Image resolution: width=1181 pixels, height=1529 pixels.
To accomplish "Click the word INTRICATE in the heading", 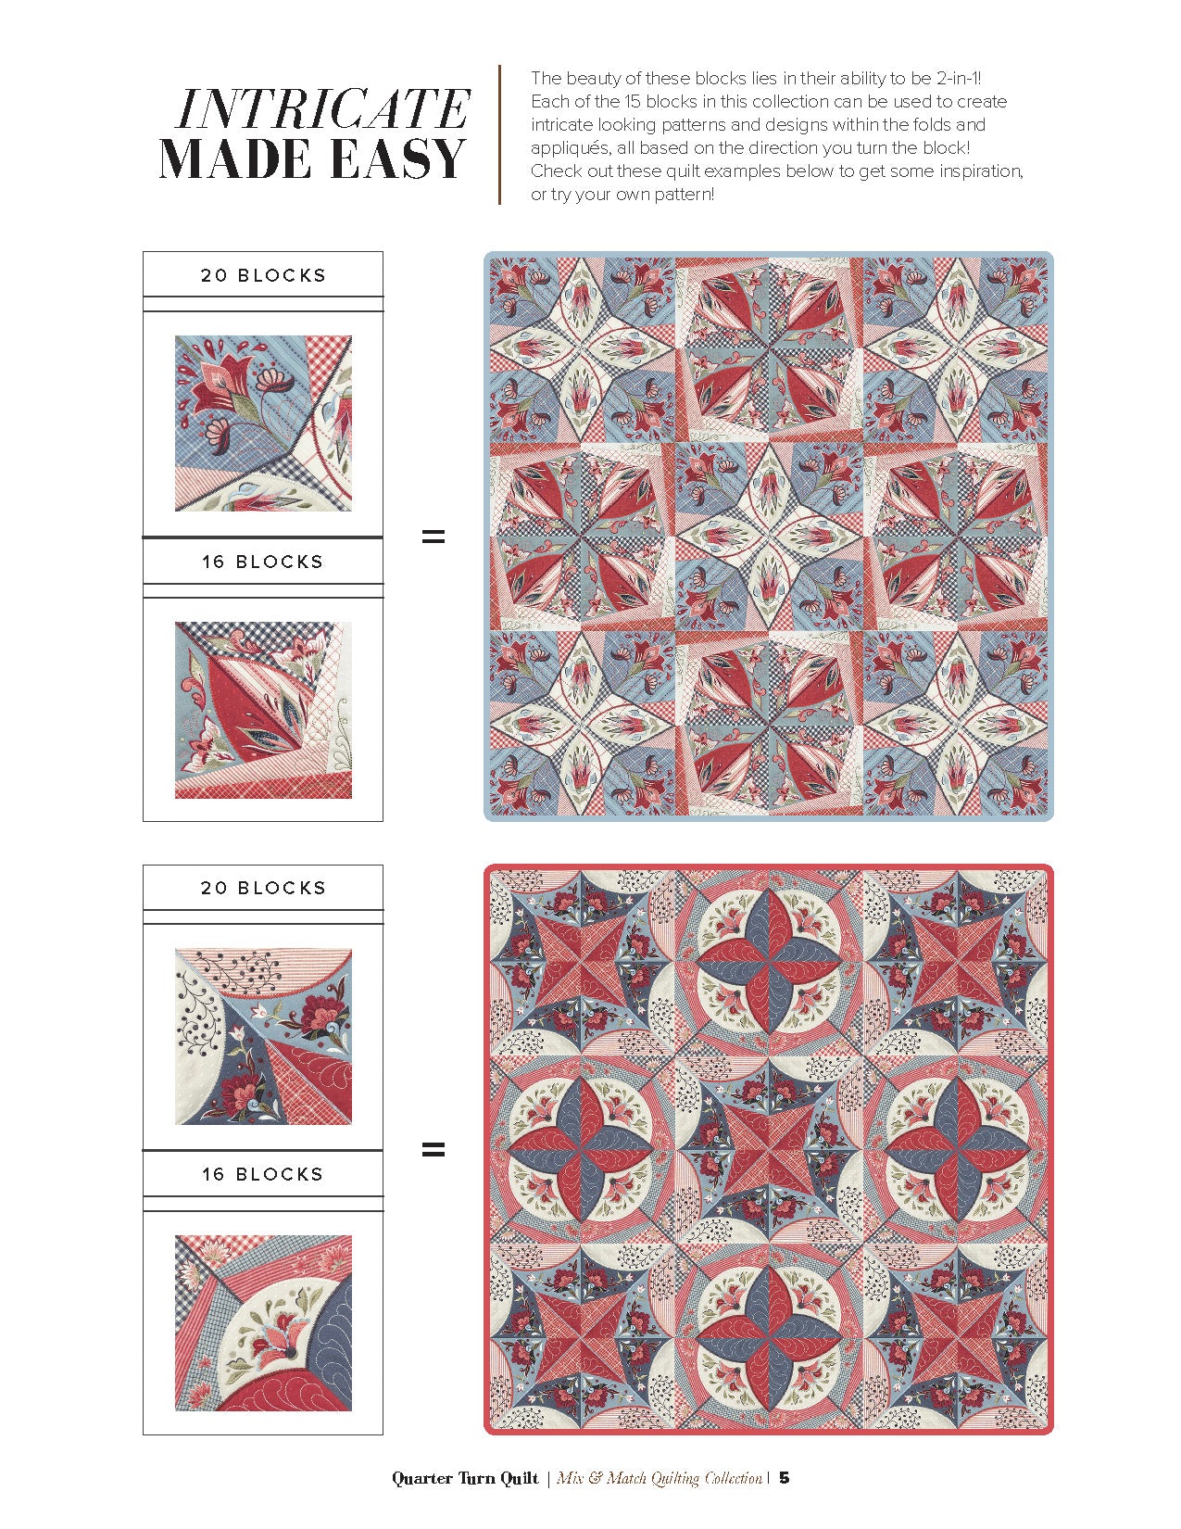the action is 322,109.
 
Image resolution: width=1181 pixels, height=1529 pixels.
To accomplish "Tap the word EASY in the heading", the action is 398,158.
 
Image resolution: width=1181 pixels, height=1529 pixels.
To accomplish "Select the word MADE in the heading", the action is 235,158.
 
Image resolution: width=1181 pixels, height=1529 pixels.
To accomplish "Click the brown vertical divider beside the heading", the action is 499,135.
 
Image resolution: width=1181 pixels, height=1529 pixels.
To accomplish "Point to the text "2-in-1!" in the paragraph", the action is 959,78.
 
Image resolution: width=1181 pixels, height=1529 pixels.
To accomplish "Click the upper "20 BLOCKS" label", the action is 263,275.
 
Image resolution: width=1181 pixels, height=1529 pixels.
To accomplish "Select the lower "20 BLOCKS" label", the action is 263,888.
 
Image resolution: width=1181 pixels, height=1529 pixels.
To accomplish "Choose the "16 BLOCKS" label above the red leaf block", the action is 262,562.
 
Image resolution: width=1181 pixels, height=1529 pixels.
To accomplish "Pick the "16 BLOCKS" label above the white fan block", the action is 262,1174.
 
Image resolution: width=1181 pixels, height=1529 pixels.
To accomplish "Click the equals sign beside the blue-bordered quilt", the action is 433,537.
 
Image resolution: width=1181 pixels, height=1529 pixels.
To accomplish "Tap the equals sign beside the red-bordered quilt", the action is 433,1150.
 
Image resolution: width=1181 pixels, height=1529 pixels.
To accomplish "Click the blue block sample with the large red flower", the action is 263,423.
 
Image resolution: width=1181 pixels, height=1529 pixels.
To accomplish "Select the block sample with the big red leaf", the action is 263,710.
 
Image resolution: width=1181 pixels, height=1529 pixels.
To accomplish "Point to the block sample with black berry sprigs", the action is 263,1036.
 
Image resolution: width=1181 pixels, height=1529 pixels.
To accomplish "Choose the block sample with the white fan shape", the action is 263,1323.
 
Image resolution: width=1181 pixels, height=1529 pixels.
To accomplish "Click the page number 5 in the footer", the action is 785,1478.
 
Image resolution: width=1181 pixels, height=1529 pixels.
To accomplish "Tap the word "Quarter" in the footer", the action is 422,1478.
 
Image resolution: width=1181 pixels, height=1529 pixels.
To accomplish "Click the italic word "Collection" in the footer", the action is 734,1478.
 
